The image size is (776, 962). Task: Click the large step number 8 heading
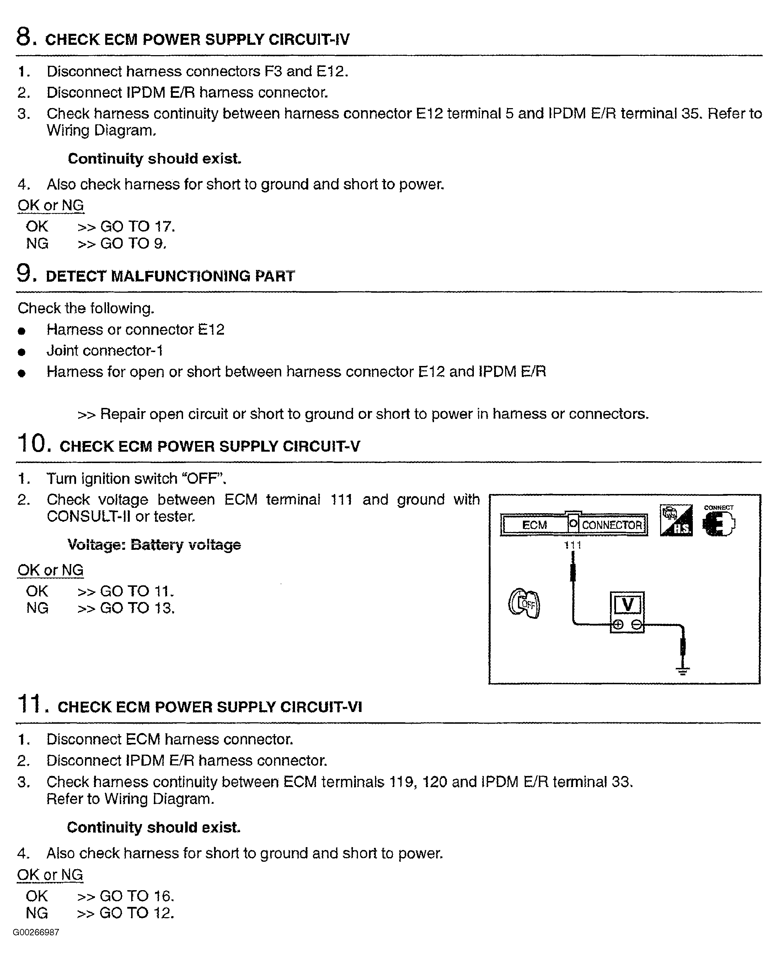tap(24, 37)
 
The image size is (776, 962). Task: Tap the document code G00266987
tap(36, 932)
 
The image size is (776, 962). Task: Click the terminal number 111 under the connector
tap(573, 545)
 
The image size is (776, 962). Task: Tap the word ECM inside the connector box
tap(534, 525)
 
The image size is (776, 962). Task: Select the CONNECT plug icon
tap(718, 522)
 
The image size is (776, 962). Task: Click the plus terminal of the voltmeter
tap(618, 625)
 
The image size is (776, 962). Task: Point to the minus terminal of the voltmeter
tap(637, 625)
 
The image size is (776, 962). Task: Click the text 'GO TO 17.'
tap(137, 227)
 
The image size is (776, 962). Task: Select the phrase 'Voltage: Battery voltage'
tap(154, 545)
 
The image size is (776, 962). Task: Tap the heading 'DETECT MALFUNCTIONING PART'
tap(170, 276)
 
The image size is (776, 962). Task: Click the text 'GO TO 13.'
tap(137, 608)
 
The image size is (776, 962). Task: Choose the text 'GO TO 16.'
tap(137, 896)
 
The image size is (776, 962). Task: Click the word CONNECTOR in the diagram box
tap(611, 525)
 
